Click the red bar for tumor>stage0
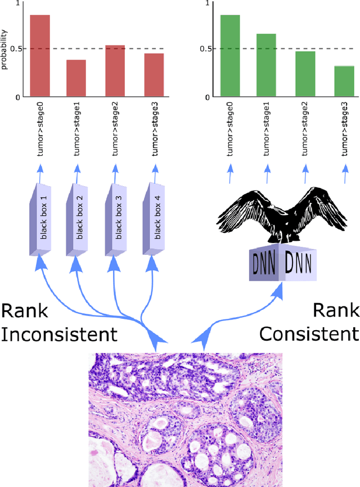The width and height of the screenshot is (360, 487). click(x=40, y=56)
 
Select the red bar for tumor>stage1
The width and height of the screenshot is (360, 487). click(x=76, y=78)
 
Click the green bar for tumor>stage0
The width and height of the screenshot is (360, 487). click(x=230, y=56)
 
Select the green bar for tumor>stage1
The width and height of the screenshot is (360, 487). click(x=266, y=65)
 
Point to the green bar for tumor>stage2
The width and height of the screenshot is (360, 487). click(x=305, y=74)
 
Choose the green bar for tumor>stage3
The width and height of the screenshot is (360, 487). click(x=344, y=82)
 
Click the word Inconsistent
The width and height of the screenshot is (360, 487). click(x=59, y=334)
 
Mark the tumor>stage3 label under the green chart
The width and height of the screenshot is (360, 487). click(x=344, y=130)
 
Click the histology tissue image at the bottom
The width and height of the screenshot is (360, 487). click(x=186, y=419)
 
